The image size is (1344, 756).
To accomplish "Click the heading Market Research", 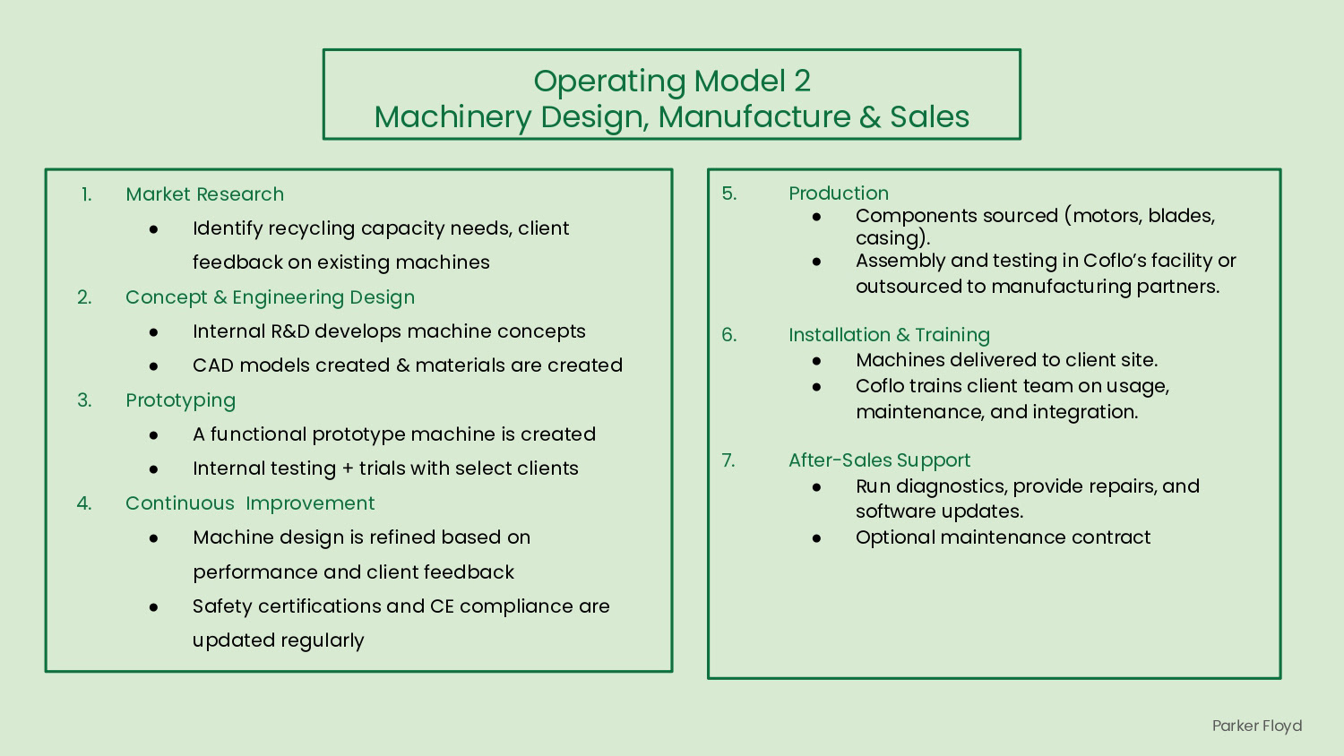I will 204,194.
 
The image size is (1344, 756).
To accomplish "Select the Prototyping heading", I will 180,400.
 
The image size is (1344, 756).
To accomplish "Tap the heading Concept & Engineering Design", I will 270,297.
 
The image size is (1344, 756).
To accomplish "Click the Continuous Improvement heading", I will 250,503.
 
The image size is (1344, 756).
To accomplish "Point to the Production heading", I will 839,193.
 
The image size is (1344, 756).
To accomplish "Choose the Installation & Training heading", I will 889,335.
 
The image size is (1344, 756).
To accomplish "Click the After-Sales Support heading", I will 879,460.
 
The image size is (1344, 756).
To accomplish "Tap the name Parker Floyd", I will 1256,726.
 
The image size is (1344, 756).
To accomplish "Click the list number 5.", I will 729,193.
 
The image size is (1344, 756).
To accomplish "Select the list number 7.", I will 728,460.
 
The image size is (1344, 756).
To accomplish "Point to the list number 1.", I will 86,194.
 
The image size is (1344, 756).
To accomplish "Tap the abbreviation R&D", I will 289,331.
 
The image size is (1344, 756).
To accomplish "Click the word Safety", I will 218,606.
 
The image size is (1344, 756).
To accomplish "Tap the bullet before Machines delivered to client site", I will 816,361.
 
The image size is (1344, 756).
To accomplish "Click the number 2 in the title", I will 801,81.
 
